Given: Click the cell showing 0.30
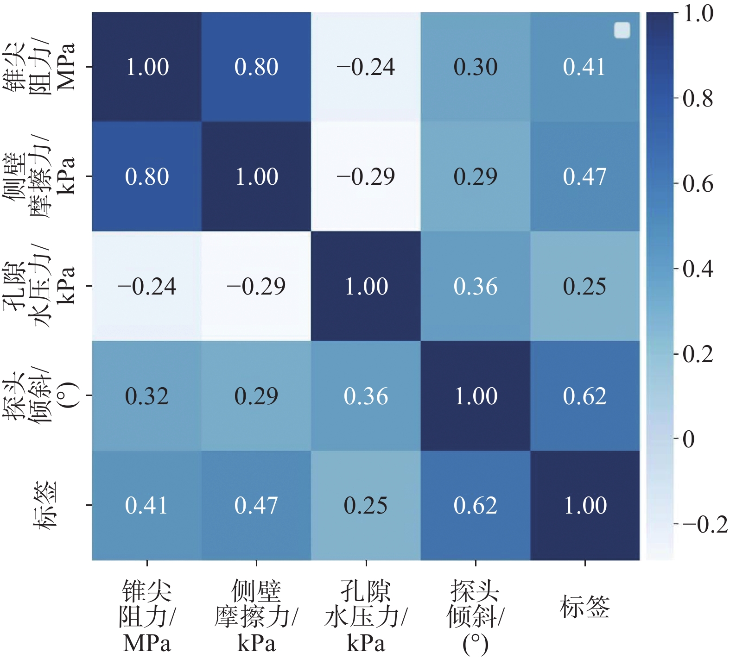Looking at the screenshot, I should [475, 67].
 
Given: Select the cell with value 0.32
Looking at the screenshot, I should [146, 396].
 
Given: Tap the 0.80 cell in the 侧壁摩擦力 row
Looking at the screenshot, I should [146, 176].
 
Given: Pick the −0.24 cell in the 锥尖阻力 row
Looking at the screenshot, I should [366, 67].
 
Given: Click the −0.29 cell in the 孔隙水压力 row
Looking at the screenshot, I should [256, 286].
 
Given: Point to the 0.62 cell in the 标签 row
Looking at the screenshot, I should [475, 505].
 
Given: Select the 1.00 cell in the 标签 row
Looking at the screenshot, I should [585, 505].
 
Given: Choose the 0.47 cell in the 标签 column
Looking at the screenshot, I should [585, 176].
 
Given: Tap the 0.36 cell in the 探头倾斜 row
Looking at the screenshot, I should [366, 396].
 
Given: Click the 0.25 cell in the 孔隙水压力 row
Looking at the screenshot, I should [585, 286].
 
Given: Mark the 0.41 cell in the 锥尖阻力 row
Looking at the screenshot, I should [585, 67].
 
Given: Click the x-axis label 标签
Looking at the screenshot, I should [585, 607].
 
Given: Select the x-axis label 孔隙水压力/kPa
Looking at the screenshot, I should [366, 616].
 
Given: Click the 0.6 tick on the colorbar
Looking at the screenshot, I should [698, 184].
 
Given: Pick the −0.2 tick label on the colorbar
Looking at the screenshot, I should [705, 524].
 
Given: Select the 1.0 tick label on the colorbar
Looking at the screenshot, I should [698, 14].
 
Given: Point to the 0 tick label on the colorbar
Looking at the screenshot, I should [689, 439].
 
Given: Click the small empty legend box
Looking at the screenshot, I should [622, 31].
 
